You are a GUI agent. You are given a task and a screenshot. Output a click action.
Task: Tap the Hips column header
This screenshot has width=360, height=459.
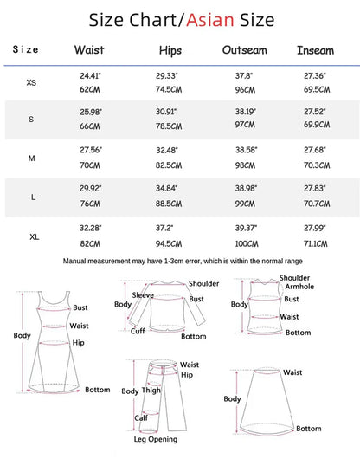point(171,50)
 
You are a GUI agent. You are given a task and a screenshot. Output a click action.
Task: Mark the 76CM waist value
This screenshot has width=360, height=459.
point(88,204)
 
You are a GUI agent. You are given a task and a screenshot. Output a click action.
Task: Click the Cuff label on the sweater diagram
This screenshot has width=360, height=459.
point(137,330)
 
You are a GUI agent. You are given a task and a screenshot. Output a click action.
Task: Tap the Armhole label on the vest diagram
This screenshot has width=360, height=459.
point(295,288)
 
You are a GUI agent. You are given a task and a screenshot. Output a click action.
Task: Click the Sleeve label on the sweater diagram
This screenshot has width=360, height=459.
point(143,294)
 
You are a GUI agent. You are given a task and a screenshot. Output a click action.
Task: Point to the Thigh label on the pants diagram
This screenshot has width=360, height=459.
point(152,391)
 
